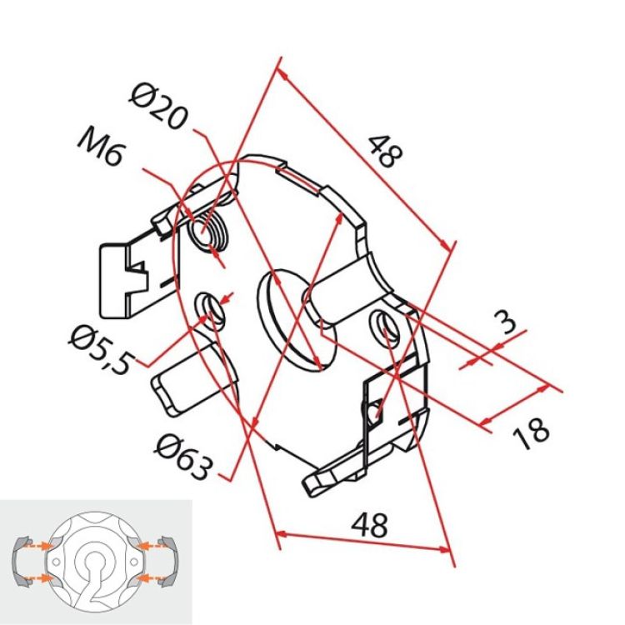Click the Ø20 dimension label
coord(158,106)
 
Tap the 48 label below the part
coord(369,525)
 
